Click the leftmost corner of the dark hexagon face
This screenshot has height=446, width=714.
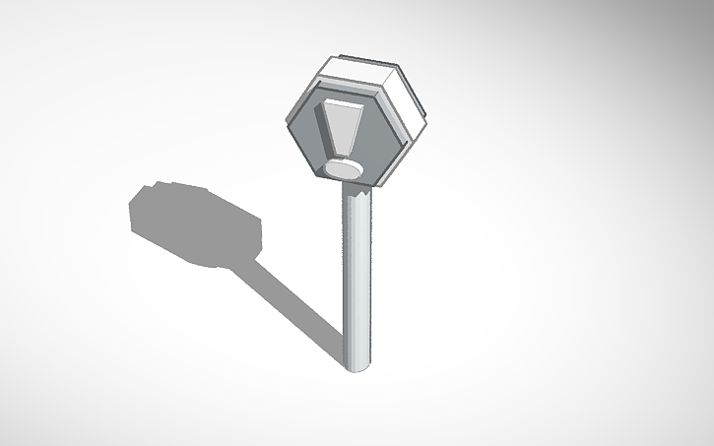click(x=292, y=122)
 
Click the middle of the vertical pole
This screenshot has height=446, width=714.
click(x=357, y=281)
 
